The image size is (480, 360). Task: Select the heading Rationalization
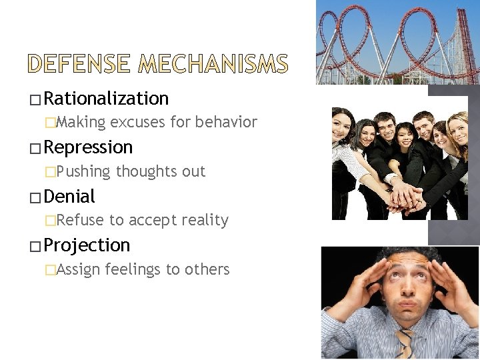(x=106, y=99)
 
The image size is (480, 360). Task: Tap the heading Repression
(x=88, y=147)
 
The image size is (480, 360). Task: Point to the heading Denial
(x=69, y=197)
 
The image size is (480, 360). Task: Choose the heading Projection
(x=87, y=245)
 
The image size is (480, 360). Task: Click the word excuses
(x=136, y=122)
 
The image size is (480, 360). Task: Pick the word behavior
(x=226, y=122)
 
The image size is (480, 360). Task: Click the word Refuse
(x=81, y=220)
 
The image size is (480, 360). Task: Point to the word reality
(x=204, y=220)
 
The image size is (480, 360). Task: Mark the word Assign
(x=79, y=269)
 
